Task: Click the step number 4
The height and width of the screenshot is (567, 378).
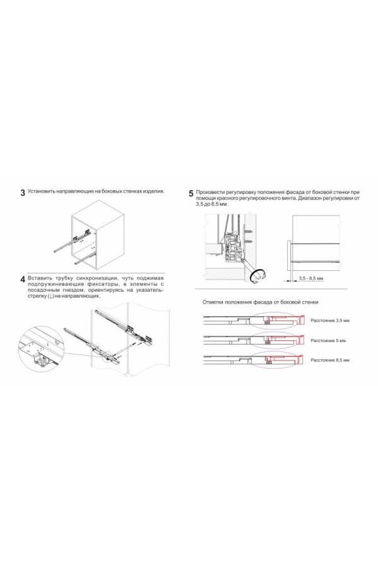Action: (23, 279)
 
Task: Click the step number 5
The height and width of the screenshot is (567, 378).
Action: (191, 193)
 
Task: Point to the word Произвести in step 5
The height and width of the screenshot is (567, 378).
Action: (211, 192)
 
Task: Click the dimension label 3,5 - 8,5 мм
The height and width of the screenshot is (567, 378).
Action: (311, 278)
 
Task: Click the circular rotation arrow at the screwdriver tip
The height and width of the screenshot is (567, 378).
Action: (258, 274)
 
